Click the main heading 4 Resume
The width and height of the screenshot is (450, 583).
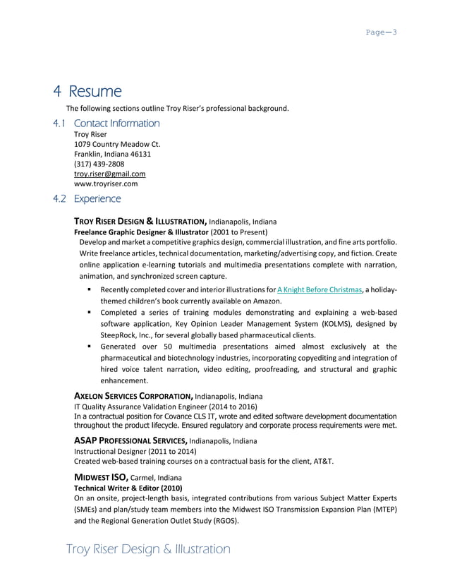88,92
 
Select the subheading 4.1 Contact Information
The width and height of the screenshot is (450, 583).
107,124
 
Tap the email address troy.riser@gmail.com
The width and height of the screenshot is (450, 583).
109,174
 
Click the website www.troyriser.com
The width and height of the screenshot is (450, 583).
105,184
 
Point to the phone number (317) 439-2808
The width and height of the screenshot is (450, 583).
99,164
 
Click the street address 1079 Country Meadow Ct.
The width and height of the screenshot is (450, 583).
117,144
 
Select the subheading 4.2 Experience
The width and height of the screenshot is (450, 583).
87,199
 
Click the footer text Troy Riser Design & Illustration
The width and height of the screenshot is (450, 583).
147,549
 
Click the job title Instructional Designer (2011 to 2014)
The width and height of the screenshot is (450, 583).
130,451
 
